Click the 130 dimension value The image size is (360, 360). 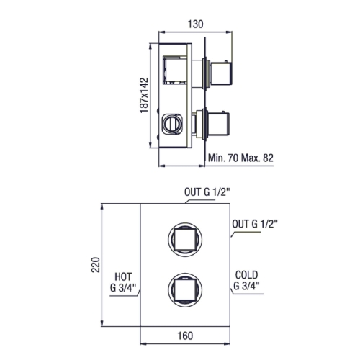[195, 24]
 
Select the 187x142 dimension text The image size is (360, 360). [144, 95]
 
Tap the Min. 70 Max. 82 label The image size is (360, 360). [240, 158]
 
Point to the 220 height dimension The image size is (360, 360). [96, 264]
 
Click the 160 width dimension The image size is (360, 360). [185, 336]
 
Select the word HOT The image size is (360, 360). [123, 276]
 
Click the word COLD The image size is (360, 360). [246, 275]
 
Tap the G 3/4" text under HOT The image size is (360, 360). [123, 287]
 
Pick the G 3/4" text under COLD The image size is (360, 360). [246, 286]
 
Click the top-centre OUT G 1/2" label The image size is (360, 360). [207, 192]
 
